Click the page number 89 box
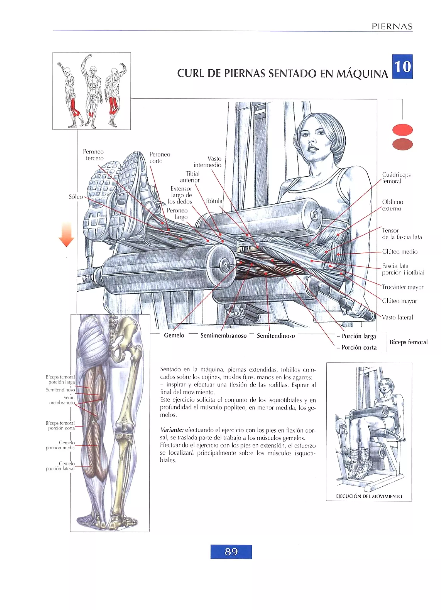(x=231, y=552)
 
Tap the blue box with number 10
(x=402, y=66)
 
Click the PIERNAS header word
(x=392, y=26)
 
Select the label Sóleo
(x=76, y=197)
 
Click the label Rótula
(x=214, y=201)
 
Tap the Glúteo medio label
(x=399, y=251)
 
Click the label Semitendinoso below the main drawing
(x=276, y=336)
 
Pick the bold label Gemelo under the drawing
(x=174, y=335)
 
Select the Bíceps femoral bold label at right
(x=408, y=342)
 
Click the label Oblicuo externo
(x=392, y=205)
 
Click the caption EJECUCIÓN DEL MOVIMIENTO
(x=369, y=496)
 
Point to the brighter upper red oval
(x=402, y=130)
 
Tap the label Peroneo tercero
(x=93, y=155)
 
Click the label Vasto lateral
(x=397, y=317)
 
